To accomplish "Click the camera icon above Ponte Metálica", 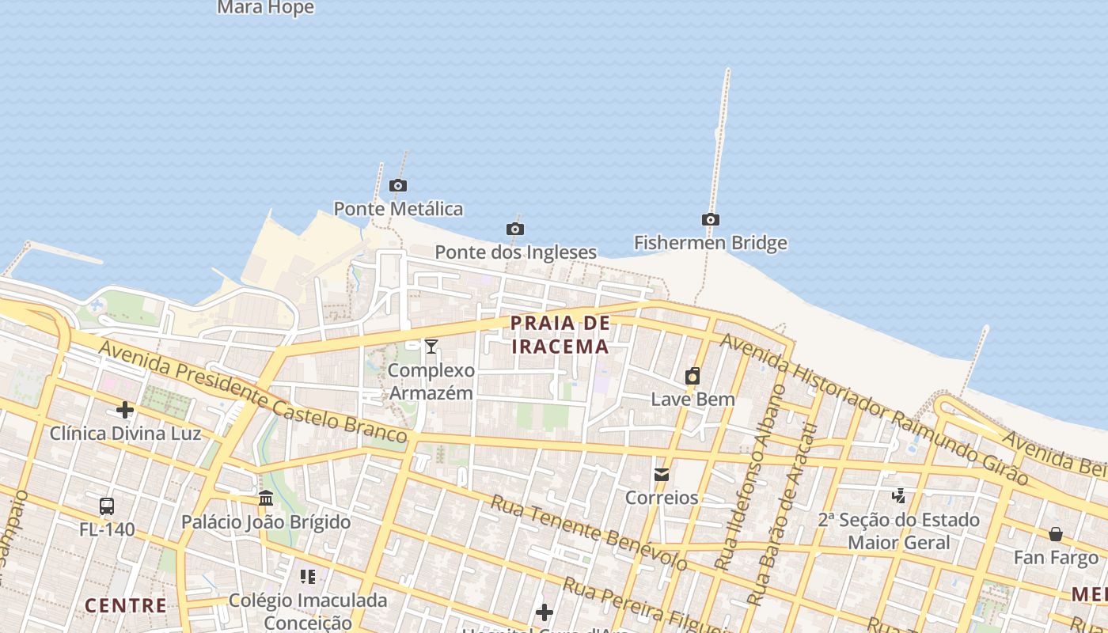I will tap(398, 186).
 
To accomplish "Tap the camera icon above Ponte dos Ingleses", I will tap(515, 229).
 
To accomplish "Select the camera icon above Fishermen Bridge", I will tap(711, 219).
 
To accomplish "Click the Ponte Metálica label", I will tap(398, 209).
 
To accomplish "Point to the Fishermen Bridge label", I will tap(711, 243).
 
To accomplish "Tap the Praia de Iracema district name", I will tap(560, 335).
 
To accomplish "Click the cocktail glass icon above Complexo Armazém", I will tap(431, 347).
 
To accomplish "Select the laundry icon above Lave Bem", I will tap(692, 376).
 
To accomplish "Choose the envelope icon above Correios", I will tap(662, 475).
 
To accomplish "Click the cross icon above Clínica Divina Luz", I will tap(125, 410).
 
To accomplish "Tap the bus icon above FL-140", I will tap(107, 506).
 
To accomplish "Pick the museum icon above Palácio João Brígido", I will tap(266, 498).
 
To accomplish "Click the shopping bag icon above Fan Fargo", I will tap(1056, 534).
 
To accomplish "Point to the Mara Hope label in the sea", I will tap(265, 8).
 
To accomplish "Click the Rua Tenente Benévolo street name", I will tap(589, 533).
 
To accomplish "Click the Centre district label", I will tap(126, 606).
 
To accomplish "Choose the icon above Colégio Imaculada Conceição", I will tap(308, 577).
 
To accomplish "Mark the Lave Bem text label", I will tap(692, 399).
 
